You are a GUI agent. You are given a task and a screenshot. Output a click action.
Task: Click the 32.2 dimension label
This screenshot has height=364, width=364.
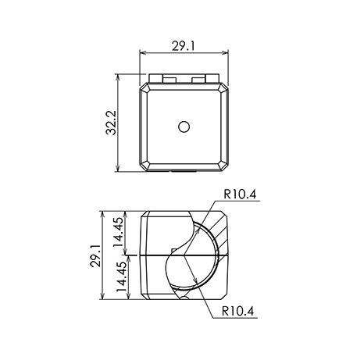pos(111,123)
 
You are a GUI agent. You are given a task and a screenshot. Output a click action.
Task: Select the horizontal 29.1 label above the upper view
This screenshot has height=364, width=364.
pos(184,46)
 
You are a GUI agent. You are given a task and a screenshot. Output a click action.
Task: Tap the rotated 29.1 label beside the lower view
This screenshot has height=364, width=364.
pos(95,255)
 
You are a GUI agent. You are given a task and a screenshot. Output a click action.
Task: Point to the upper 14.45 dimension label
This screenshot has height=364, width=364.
pos(120,232)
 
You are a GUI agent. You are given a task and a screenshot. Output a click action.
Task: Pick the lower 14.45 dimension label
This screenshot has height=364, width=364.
pos(121,276)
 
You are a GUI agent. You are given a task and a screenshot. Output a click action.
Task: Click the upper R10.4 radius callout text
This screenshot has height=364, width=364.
pos(240,194)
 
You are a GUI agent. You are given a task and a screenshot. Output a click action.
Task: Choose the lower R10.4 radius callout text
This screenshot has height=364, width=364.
pos(237,311)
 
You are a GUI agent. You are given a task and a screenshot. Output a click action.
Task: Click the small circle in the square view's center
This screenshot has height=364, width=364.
pos(184,127)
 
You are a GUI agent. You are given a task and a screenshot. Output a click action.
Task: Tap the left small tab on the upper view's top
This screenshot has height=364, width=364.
pos(170,80)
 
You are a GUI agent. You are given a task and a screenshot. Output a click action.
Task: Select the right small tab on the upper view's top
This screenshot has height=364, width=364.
pos(198,80)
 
